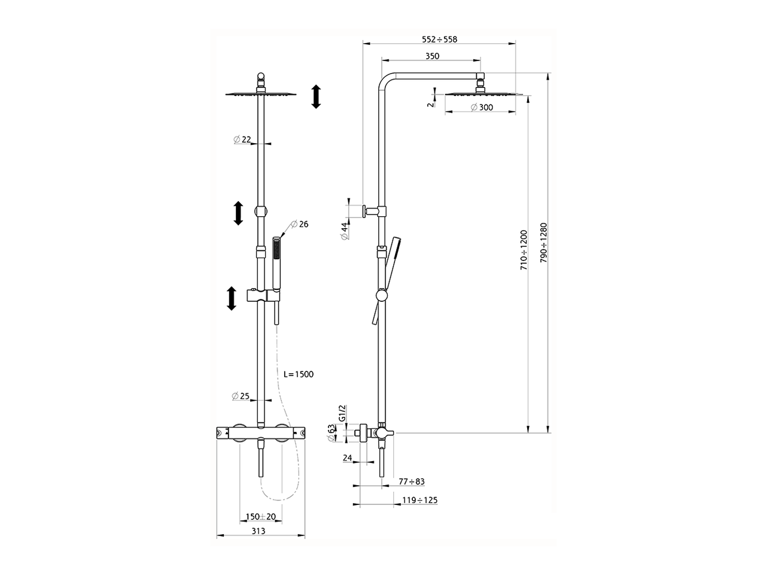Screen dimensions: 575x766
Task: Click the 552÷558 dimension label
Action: [x=439, y=39]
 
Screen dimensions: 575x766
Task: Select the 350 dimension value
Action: [x=432, y=56]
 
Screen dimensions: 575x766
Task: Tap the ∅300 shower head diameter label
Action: [x=482, y=107]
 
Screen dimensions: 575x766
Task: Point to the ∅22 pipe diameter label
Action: [x=242, y=140]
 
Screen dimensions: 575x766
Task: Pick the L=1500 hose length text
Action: [x=298, y=374]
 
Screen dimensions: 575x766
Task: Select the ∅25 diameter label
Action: [x=241, y=396]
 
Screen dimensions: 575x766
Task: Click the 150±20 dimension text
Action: [x=261, y=516]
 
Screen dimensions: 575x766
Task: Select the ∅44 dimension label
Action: [x=345, y=231]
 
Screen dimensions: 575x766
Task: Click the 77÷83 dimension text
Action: [x=412, y=481]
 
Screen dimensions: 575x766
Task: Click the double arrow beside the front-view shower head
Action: [x=317, y=96]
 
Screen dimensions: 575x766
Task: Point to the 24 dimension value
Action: [x=348, y=458]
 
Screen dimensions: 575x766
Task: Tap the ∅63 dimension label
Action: [x=331, y=432]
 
